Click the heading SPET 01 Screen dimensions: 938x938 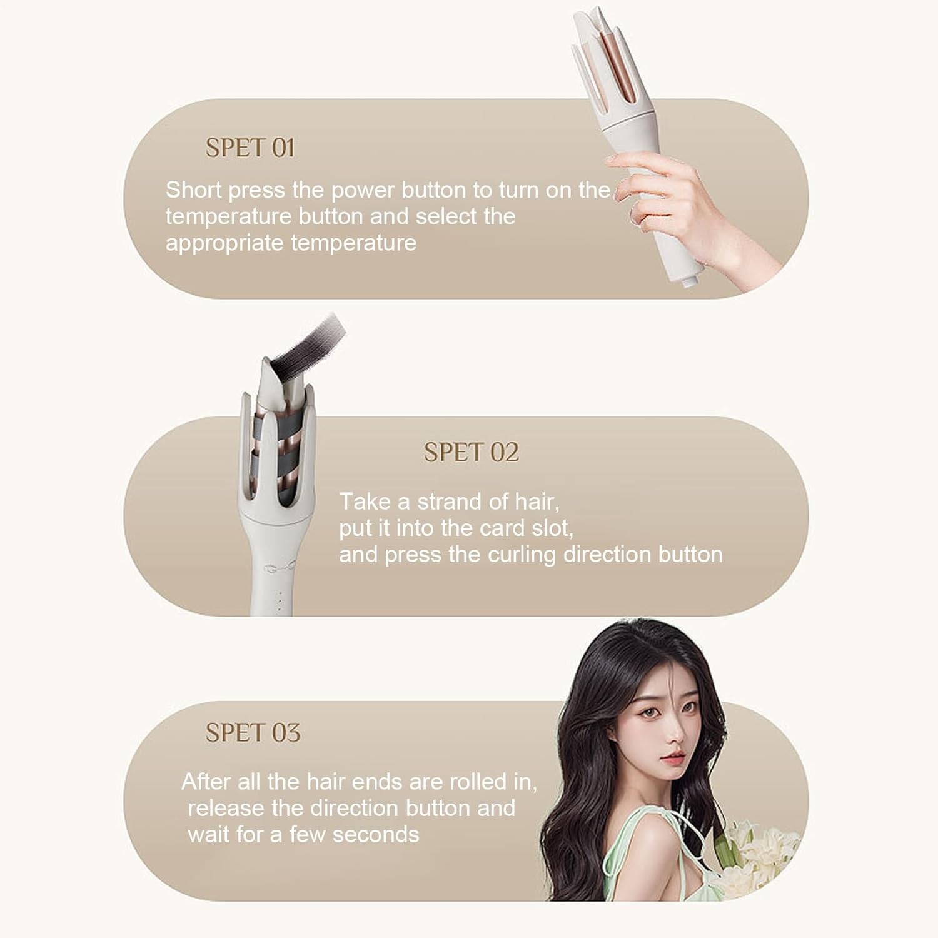tap(250, 148)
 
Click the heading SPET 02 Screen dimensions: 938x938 tap(472, 452)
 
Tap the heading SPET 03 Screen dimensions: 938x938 tap(253, 732)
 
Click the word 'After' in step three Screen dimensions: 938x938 tap(205, 782)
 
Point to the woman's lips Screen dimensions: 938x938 tap(672, 758)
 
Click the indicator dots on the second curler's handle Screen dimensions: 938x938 tap(280, 598)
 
